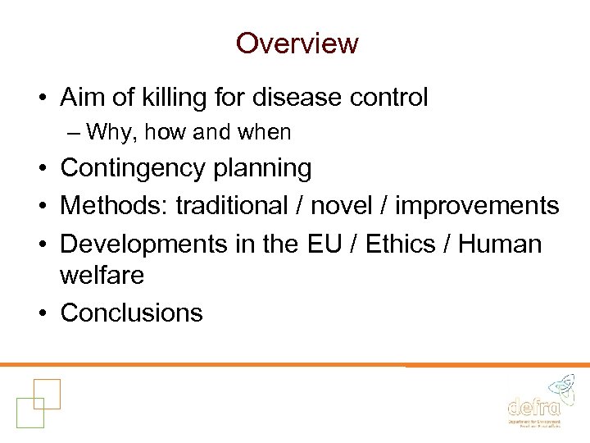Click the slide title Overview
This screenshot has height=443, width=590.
click(x=297, y=43)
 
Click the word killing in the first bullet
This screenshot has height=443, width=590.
click(x=166, y=98)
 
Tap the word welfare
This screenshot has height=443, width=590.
click(x=102, y=276)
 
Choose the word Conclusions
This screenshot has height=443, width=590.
click(x=131, y=313)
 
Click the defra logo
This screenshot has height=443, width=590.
click(x=535, y=401)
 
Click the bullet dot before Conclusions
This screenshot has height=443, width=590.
click(x=42, y=313)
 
